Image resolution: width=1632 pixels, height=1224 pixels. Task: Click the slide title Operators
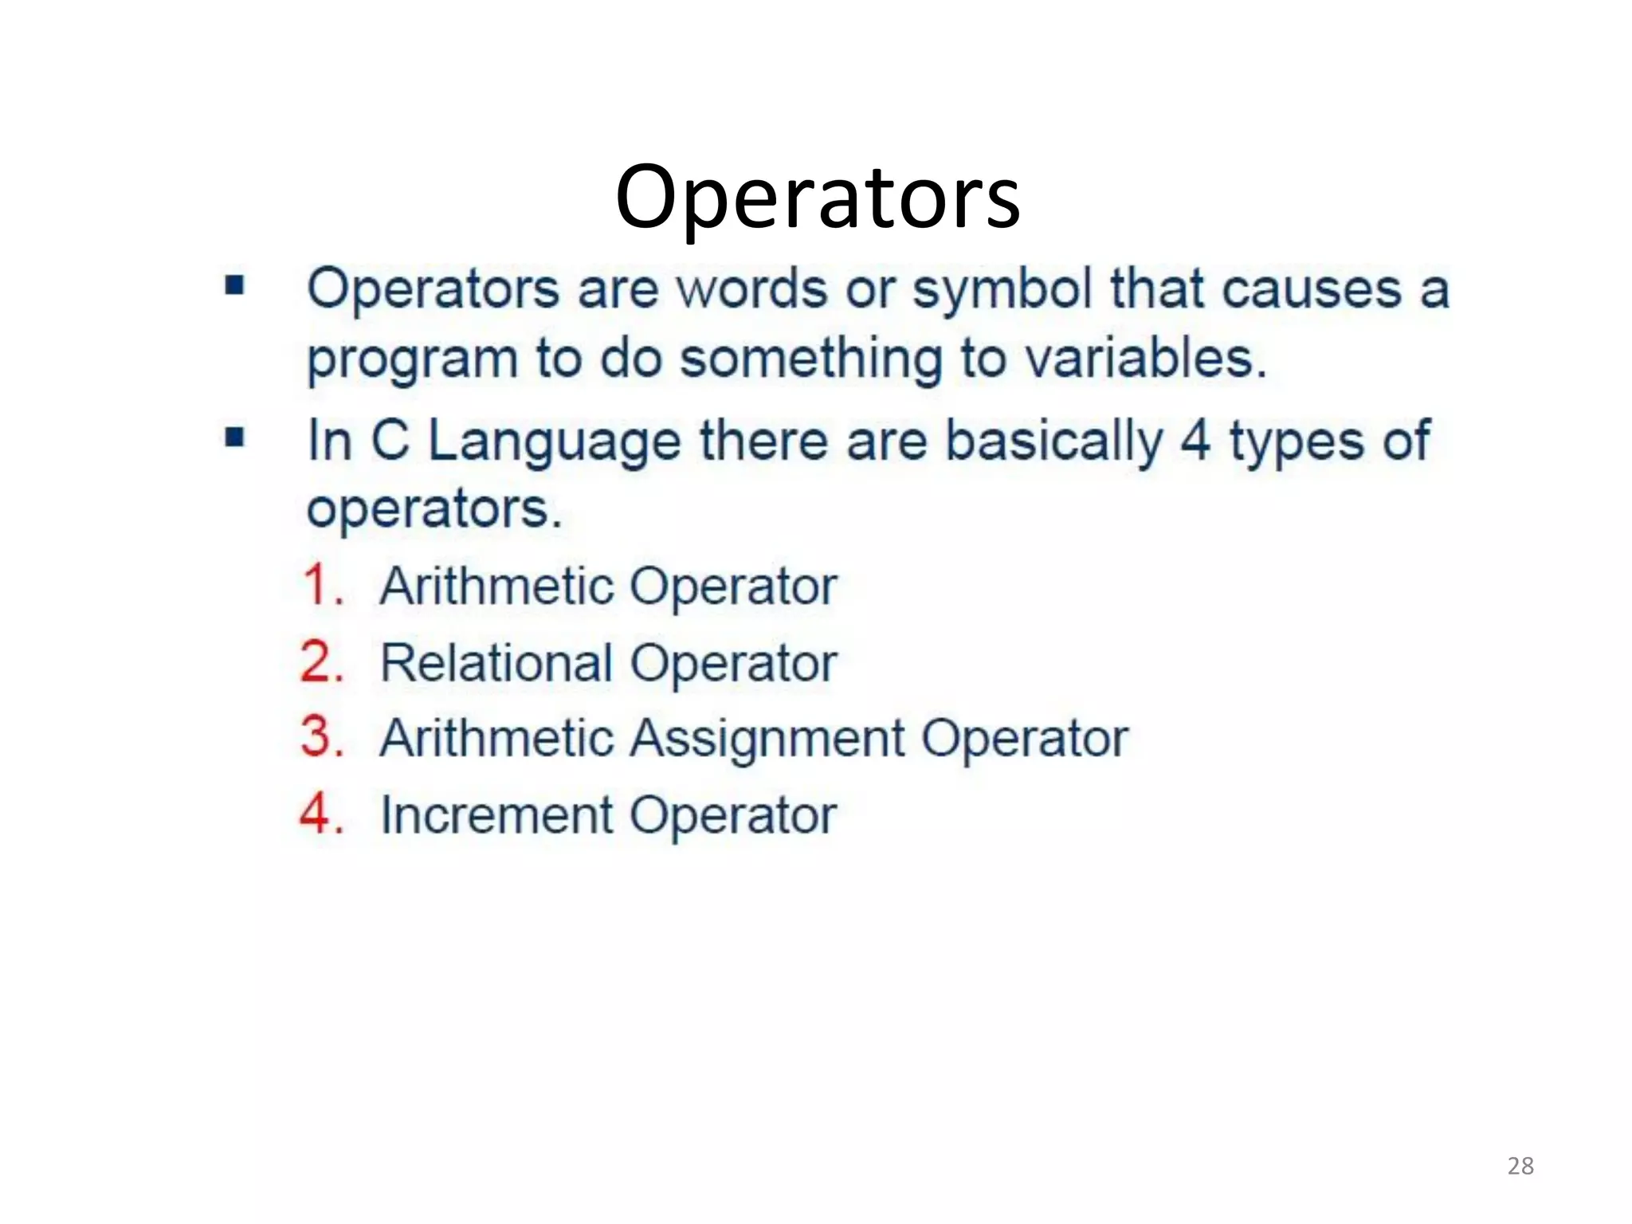pyautogui.click(x=818, y=197)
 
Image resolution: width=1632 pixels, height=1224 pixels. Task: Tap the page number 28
pyautogui.click(x=1520, y=1166)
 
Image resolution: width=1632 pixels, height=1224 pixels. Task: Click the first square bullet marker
pyautogui.click(x=234, y=284)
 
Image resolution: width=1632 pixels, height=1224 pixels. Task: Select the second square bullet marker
pyautogui.click(x=234, y=437)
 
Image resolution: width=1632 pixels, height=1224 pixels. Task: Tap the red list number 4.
pyautogui.click(x=322, y=814)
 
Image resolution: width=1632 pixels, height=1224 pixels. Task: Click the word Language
pyautogui.click(x=555, y=443)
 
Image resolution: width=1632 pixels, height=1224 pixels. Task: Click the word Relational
pyautogui.click(x=496, y=662)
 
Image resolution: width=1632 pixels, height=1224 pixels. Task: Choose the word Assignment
pyautogui.click(x=767, y=739)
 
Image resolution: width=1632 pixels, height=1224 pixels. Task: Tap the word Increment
pyautogui.click(x=496, y=814)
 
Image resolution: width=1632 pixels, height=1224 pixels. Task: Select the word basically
pyautogui.click(x=1053, y=441)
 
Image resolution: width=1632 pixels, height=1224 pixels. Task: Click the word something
pyautogui.click(x=810, y=359)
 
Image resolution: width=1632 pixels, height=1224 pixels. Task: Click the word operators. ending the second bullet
pyautogui.click(x=434, y=510)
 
